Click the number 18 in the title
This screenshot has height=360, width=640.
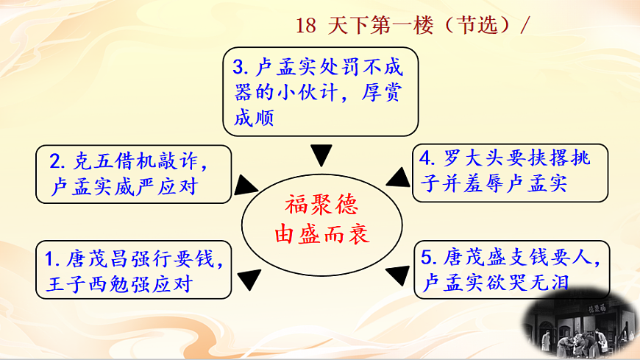click(x=305, y=25)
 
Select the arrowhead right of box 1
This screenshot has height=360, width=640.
click(x=249, y=276)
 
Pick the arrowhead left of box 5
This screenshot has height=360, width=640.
click(x=397, y=274)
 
